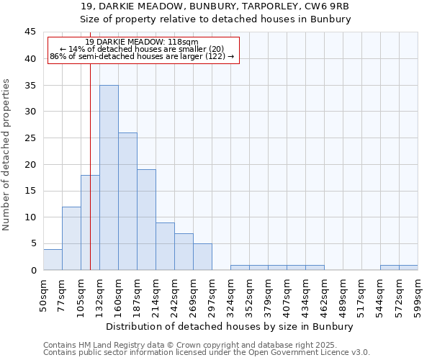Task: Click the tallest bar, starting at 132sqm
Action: coord(109,178)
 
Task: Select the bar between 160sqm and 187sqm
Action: coord(127,202)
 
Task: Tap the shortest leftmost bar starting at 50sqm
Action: coord(53,259)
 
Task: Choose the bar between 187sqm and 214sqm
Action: coord(146,220)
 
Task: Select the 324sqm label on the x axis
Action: coord(231,295)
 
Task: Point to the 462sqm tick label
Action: coord(325,295)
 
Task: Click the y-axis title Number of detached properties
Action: coord(7,155)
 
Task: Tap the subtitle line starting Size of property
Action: coord(215,19)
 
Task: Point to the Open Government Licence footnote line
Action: coord(206,353)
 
